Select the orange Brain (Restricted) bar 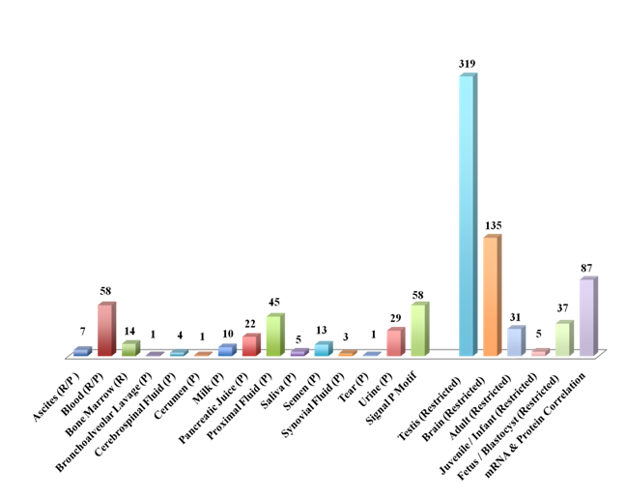(x=491, y=295)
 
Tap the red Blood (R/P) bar (x=105, y=330)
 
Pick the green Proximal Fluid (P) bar (x=273, y=336)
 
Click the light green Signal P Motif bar (x=418, y=330)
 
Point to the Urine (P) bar (x=394, y=342)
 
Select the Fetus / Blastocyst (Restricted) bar (x=562, y=338)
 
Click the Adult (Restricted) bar (x=515, y=341)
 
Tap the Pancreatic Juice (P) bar (x=250, y=345)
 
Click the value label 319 (x=468, y=64)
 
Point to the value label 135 (x=493, y=225)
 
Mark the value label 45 (x=275, y=306)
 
